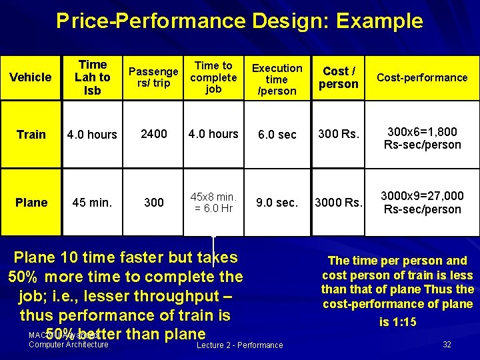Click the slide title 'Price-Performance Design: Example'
tap(239, 21)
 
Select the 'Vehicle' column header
tap(31, 77)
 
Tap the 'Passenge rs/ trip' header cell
tap(153, 77)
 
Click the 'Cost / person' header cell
tap(339, 77)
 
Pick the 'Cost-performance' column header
tap(422, 77)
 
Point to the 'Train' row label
tap(31, 135)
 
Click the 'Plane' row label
tap(31, 203)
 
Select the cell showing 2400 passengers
tap(153, 134)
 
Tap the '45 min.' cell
tap(92, 203)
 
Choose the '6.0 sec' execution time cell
tap(277, 135)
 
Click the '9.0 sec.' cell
tap(277, 203)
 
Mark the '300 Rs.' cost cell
tap(339, 135)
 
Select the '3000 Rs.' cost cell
tap(339, 203)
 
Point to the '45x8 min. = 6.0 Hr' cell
tap(213, 203)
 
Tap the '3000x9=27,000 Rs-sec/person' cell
tap(422, 203)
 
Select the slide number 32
tap(447, 344)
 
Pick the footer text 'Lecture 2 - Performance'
tap(240, 345)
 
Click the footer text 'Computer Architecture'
tap(69, 345)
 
